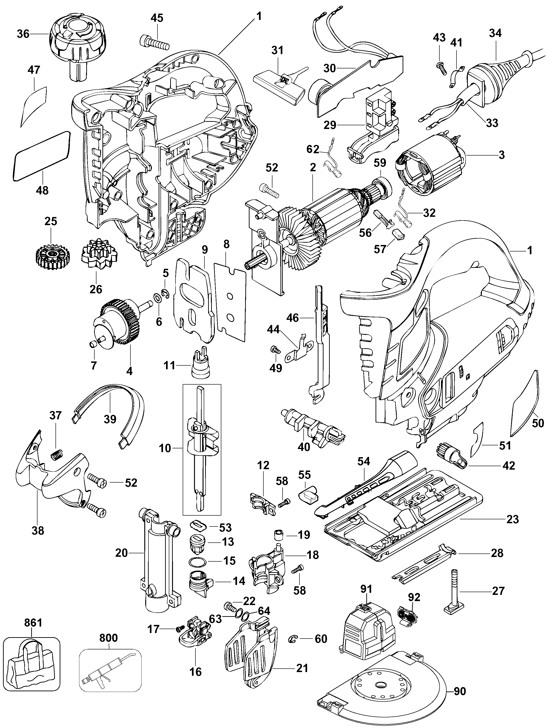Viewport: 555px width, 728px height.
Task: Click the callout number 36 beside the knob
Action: [x=23, y=34]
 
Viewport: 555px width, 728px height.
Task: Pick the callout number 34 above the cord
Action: [x=495, y=33]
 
